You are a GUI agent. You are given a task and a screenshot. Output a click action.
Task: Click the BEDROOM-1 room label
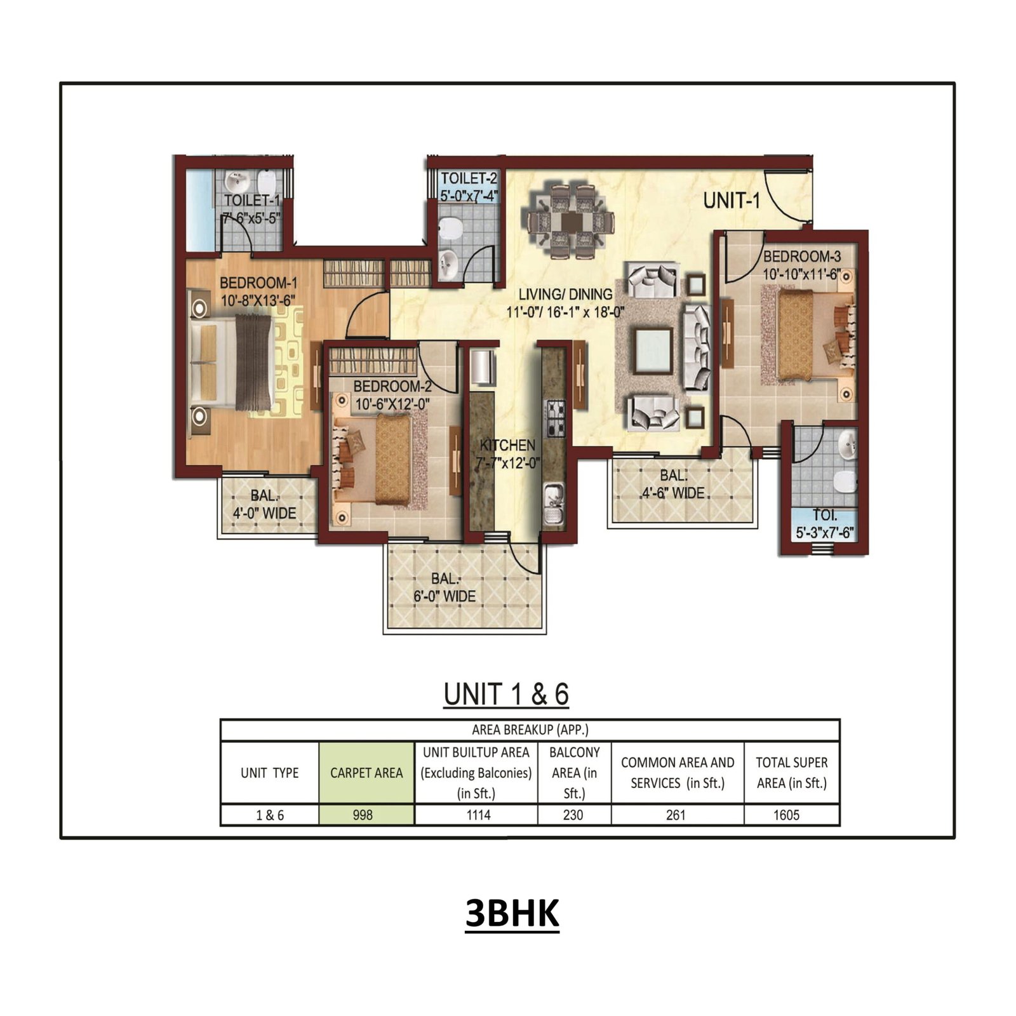coord(258,283)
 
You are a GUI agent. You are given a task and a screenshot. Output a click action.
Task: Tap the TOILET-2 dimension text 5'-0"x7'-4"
coord(469,196)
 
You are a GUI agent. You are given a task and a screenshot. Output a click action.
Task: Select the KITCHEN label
coord(507,445)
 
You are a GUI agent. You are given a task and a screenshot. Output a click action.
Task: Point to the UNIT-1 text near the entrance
coord(731,201)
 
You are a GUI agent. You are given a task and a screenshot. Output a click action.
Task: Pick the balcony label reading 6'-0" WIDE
coord(444,596)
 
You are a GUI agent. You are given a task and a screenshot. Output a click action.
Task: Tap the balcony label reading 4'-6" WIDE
coord(672,493)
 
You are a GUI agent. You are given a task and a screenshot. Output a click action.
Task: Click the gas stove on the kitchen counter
coord(556,417)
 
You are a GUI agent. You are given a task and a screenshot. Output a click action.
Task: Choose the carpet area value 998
coord(363,815)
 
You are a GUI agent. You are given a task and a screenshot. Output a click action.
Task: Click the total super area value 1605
coord(786,815)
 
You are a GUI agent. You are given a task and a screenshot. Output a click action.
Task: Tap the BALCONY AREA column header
coord(574,772)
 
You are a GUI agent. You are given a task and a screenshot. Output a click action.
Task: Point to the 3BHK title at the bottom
coord(512,913)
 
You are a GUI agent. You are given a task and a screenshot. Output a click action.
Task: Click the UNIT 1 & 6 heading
coord(506,694)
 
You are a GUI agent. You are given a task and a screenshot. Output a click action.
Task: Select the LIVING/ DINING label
coord(565,294)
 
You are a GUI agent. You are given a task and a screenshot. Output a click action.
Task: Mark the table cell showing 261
coord(676,815)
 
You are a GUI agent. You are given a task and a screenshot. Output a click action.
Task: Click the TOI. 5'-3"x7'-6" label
coord(824,524)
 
